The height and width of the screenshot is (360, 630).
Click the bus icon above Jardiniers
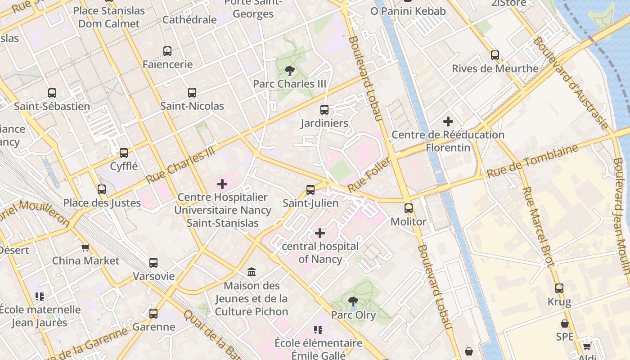point(324,110)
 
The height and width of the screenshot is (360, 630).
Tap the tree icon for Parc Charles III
point(290,70)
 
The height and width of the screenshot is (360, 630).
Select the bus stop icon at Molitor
point(408,208)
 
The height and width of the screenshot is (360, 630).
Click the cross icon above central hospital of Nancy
point(319,233)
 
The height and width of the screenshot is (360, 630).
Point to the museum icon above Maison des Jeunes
point(252,272)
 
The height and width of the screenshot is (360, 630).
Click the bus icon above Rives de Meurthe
point(495,55)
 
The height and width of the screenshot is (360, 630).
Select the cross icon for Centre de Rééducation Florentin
point(448,121)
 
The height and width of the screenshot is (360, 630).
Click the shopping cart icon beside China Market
point(85,247)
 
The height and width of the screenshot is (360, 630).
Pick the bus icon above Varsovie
point(153,263)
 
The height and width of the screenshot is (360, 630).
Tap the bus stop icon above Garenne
point(153,314)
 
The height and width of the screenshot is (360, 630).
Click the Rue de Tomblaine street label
point(532,161)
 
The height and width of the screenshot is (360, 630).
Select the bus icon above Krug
point(559,288)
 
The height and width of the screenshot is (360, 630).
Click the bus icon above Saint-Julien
point(310,190)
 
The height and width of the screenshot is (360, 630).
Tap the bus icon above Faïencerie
point(167,51)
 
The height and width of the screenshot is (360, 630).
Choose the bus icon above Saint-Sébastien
point(52,93)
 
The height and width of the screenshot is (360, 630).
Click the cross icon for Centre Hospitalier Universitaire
point(222,184)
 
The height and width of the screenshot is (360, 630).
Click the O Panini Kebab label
point(408,11)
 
